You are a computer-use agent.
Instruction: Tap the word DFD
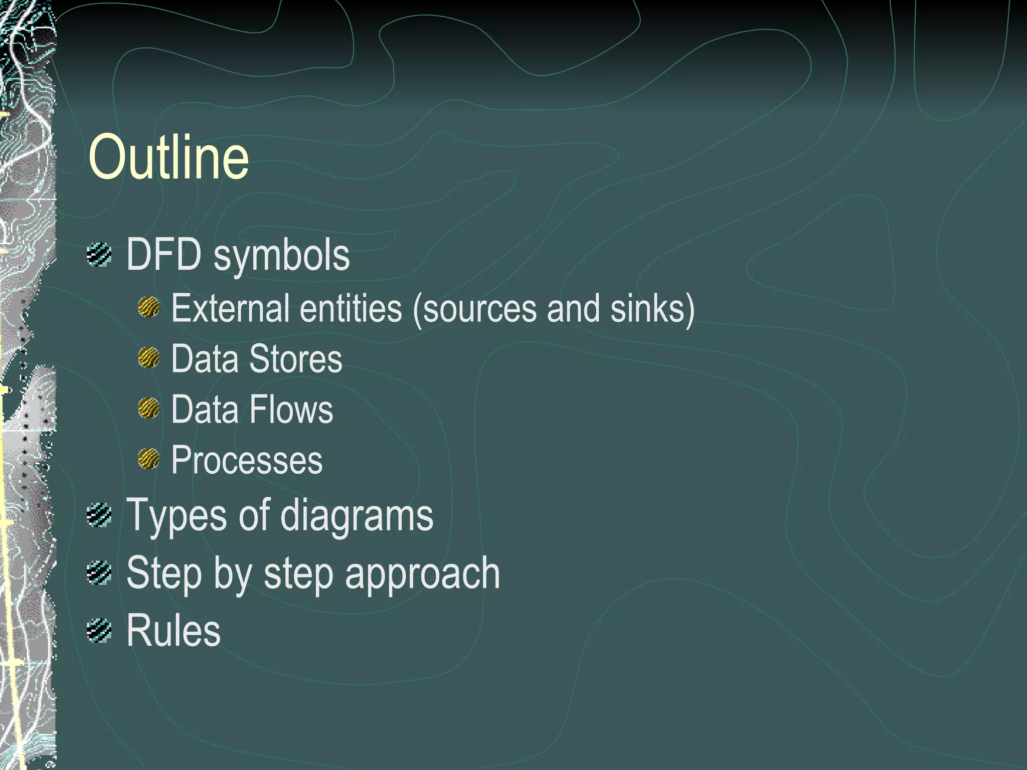point(163,255)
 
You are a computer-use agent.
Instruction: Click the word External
point(230,308)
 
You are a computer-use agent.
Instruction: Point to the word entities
point(351,308)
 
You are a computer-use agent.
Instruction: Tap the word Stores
point(295,359)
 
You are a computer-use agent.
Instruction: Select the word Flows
point(291,410)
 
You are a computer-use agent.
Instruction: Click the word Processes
point(247,460)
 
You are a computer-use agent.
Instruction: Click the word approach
point(422,574)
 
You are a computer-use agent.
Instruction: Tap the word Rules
point(174,630)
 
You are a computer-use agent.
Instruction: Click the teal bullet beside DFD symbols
point(99,255)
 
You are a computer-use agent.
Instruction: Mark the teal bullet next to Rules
point(99,631)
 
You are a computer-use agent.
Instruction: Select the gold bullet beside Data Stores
point(148,358)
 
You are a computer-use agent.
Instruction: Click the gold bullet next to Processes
point(148,459)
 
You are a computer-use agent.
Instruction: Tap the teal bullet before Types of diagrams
point(99,515)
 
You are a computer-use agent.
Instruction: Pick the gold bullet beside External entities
point(148,307)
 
